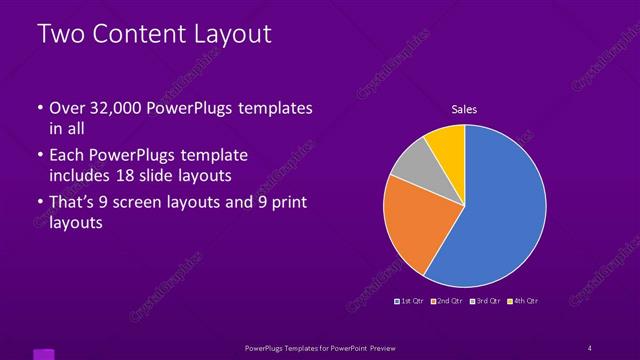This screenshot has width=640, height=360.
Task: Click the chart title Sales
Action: [464, 108]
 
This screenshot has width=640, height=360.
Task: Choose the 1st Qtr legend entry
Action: [409, 301]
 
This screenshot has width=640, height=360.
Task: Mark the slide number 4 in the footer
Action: [590, 347]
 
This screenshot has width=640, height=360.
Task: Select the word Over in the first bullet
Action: [67, 107]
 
